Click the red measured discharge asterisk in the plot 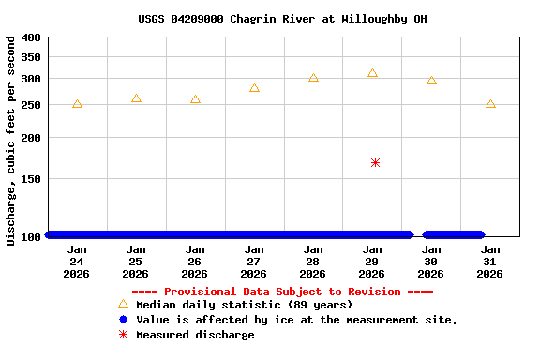pos(375,162)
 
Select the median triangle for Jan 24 pos(77,104)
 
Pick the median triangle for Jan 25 pos(136,98)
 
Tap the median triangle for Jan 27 pos(254,88)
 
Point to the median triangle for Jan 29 pos(372,73)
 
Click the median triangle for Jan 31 pos(490,104)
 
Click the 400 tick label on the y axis pos(31,37)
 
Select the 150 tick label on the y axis pos(31,178)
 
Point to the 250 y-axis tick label pos(31,105)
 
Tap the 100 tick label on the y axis pos(31,236)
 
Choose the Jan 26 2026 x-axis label pos(195,262)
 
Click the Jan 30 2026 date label pos(431,262)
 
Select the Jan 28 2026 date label pos(313,262)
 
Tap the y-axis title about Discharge pos(11,141)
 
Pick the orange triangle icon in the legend pos(123,304)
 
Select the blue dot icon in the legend pos(123,320)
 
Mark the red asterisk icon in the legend pos(123,335)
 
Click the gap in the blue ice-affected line pos(418,235)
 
